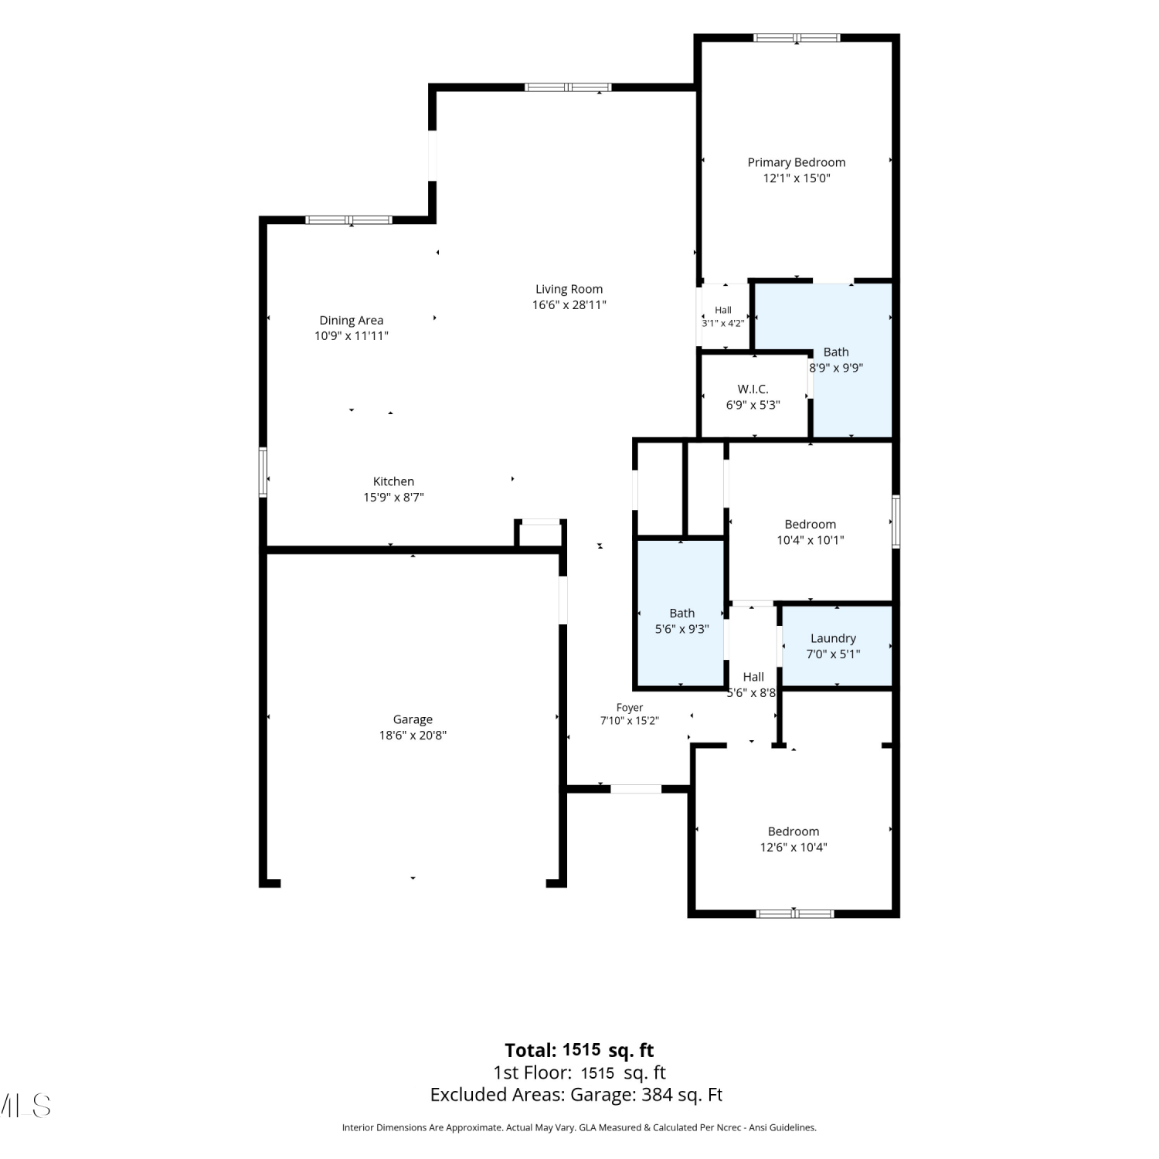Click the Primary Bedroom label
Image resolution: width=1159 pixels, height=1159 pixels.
click(796, 162)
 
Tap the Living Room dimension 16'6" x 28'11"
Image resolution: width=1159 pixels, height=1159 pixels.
click(569, 304)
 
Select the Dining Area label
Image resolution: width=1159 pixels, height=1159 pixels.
click(352, 320)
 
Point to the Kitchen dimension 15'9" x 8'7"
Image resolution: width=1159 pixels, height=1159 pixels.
click(393, 497)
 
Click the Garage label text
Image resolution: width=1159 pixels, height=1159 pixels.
click(413, 719)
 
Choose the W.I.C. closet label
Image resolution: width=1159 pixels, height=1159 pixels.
click(753, 389)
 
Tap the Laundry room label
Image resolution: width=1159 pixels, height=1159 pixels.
click(833, 638)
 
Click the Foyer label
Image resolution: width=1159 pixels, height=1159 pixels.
click(630, 707)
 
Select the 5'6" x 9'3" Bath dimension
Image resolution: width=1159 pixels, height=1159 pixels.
click(681, 629)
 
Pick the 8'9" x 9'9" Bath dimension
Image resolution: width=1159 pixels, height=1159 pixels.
click(836, 368)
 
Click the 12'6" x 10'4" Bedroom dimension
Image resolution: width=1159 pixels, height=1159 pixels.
click(794, 847)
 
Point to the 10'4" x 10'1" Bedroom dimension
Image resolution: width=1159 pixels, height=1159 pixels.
click(810, 540)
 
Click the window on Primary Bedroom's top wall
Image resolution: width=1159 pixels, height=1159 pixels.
click(797, 37)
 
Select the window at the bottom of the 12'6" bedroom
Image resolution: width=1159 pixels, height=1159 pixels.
click(794, 913)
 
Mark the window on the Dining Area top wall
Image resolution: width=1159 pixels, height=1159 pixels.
click(348, 220)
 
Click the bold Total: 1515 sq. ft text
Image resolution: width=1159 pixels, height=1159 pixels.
click(579, 1050)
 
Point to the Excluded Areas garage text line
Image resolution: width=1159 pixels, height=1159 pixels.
click(576, 1095)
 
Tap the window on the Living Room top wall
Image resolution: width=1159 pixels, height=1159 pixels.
click(568, 87)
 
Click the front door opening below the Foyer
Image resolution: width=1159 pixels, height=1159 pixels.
click(636, 789)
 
